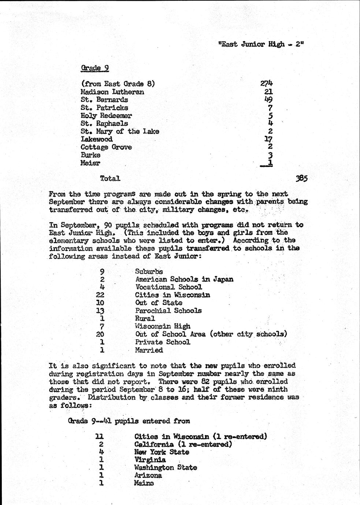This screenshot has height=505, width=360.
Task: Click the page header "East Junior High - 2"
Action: pyautogui.click(x=261, y=44)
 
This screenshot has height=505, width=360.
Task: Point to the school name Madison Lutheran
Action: pyautogui.click(x=112, y=92)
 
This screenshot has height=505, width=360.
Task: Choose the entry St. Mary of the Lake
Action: pyautogui.click(x=120, y=131)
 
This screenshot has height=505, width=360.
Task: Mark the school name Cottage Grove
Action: pyautogui.click(x=106, y=147)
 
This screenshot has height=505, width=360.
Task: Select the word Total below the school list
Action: pyautogui.click(x=110, y=179)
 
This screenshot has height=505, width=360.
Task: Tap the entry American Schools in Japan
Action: pyautogui.click(x=184, y=279)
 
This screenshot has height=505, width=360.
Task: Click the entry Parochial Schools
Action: pyautogui.click(x=168, y=311)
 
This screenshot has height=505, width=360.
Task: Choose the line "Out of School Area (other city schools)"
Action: pyautogui.click(x=211, y=334)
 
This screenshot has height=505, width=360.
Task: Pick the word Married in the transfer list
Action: pyautogui.click(x=149, y=350)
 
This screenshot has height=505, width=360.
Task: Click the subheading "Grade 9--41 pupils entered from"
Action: pyautogui.click(x=129, y=421)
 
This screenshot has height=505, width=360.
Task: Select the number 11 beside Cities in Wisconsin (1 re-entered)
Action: pyautogui.click(x=100, y=437)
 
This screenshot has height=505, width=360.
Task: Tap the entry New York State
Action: pyautogui.click(x=162, y=452)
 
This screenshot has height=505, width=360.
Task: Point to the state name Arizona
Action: pyautogui.click(x=148, y=475)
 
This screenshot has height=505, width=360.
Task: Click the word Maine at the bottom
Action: pyautogui.click(x=144, y=483)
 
